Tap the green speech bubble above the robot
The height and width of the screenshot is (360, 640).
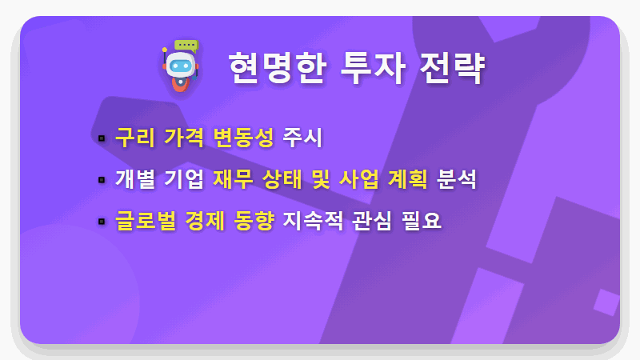(x=186, y=45)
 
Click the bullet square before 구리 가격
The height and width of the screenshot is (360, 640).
(x=102, y=138)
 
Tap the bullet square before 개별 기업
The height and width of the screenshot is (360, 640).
(x=102, y=180)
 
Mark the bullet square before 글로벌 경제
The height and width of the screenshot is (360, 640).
(x=102, y=222)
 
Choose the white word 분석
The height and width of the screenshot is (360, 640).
(x=457, y=179)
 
